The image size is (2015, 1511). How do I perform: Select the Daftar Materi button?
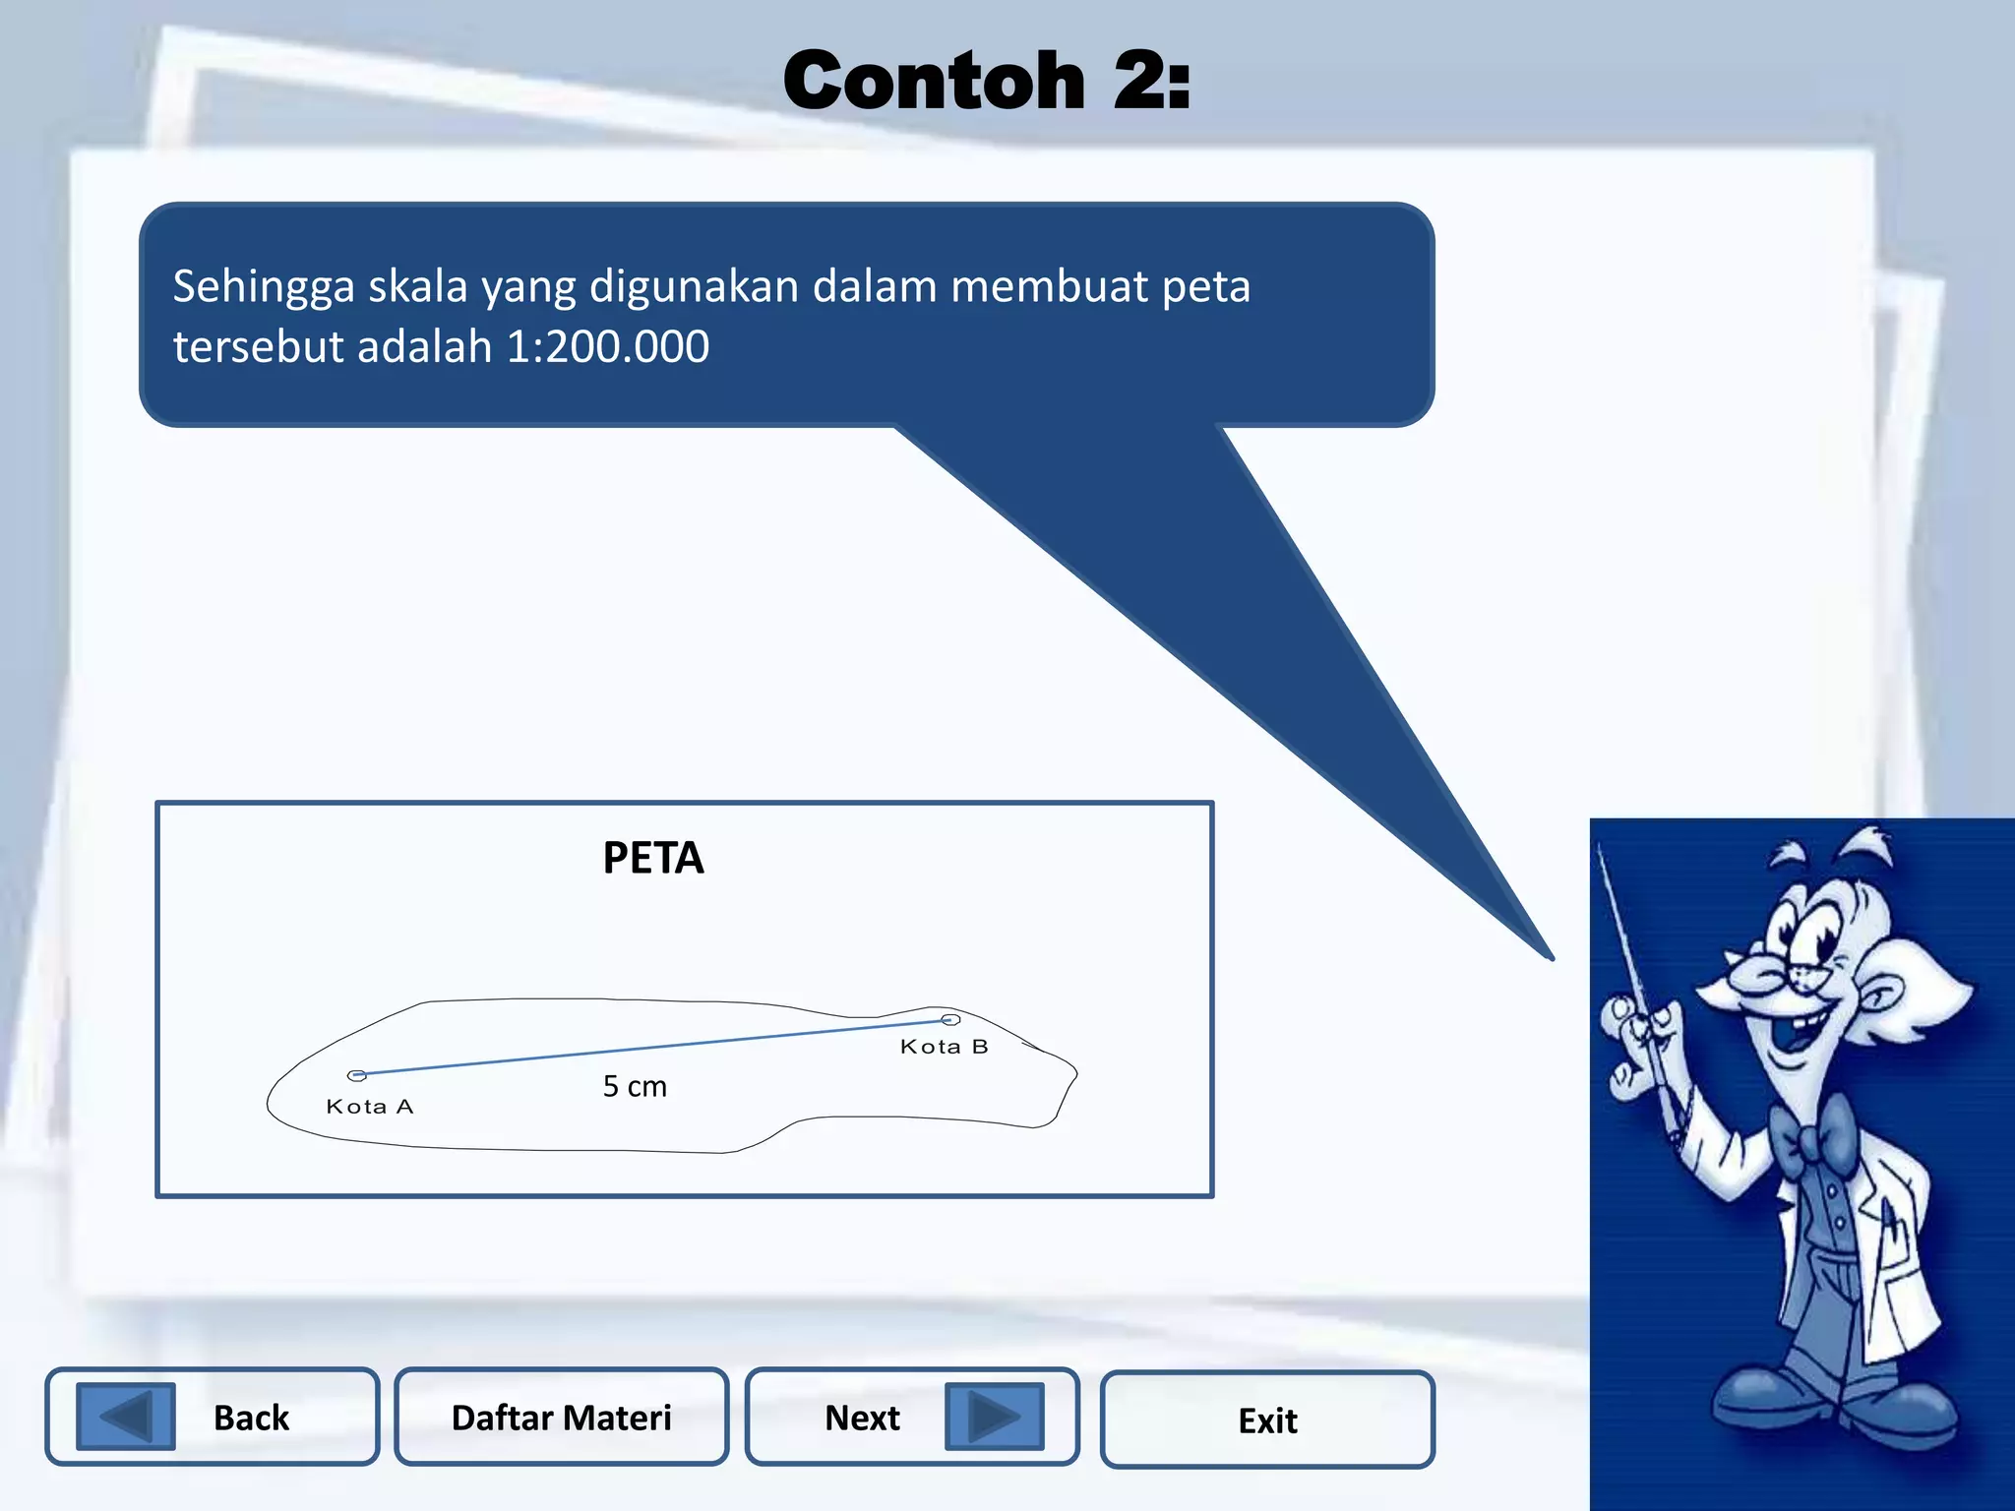(561, 1417)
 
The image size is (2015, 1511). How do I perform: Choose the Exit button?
(1267, 1420)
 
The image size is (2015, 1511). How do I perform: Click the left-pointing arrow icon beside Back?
(126, 1417)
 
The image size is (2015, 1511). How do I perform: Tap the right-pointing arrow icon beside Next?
(994, 1417)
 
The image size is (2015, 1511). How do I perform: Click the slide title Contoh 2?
(987, 81)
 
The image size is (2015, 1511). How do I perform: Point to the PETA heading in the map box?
(653, 858)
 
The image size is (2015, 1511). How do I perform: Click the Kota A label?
(370, 1107)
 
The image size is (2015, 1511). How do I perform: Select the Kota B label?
(944, 1047)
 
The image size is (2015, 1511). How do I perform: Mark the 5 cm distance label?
(635, 1086)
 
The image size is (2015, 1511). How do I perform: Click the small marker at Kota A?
(357, 1075)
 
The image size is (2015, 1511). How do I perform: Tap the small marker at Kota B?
(949, 1020)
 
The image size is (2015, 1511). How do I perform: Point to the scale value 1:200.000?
(607, 346)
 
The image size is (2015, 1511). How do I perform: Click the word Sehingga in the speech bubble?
(264, 287)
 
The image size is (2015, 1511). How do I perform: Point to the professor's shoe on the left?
(1761, 1402)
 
